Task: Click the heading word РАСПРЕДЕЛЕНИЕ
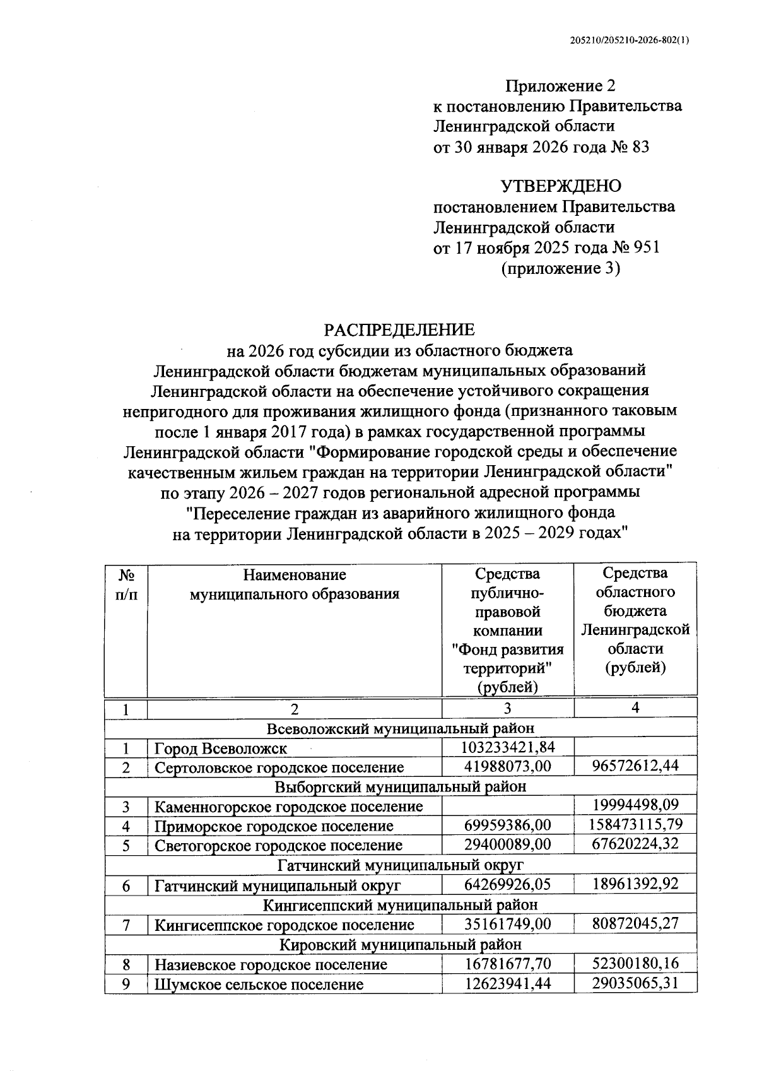[399, 329]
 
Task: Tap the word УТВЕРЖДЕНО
[560, 186]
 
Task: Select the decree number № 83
[630, 147]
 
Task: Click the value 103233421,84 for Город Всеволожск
[508, 748]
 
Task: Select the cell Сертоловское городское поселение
[279, 767]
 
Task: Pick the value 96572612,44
[635, 767]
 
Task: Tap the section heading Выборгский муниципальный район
[401, 786]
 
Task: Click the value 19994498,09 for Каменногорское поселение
[635, 805]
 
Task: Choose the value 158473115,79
[635, 825]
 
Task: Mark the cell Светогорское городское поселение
[279, 845]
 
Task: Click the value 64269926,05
[508, 884]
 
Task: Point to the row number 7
[126, 925]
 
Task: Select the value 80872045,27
[635, 924]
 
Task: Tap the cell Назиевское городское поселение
[271, 964]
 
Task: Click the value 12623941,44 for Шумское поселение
[508, 983]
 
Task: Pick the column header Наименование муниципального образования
[295, 584]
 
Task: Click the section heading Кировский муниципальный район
[401, 944]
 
